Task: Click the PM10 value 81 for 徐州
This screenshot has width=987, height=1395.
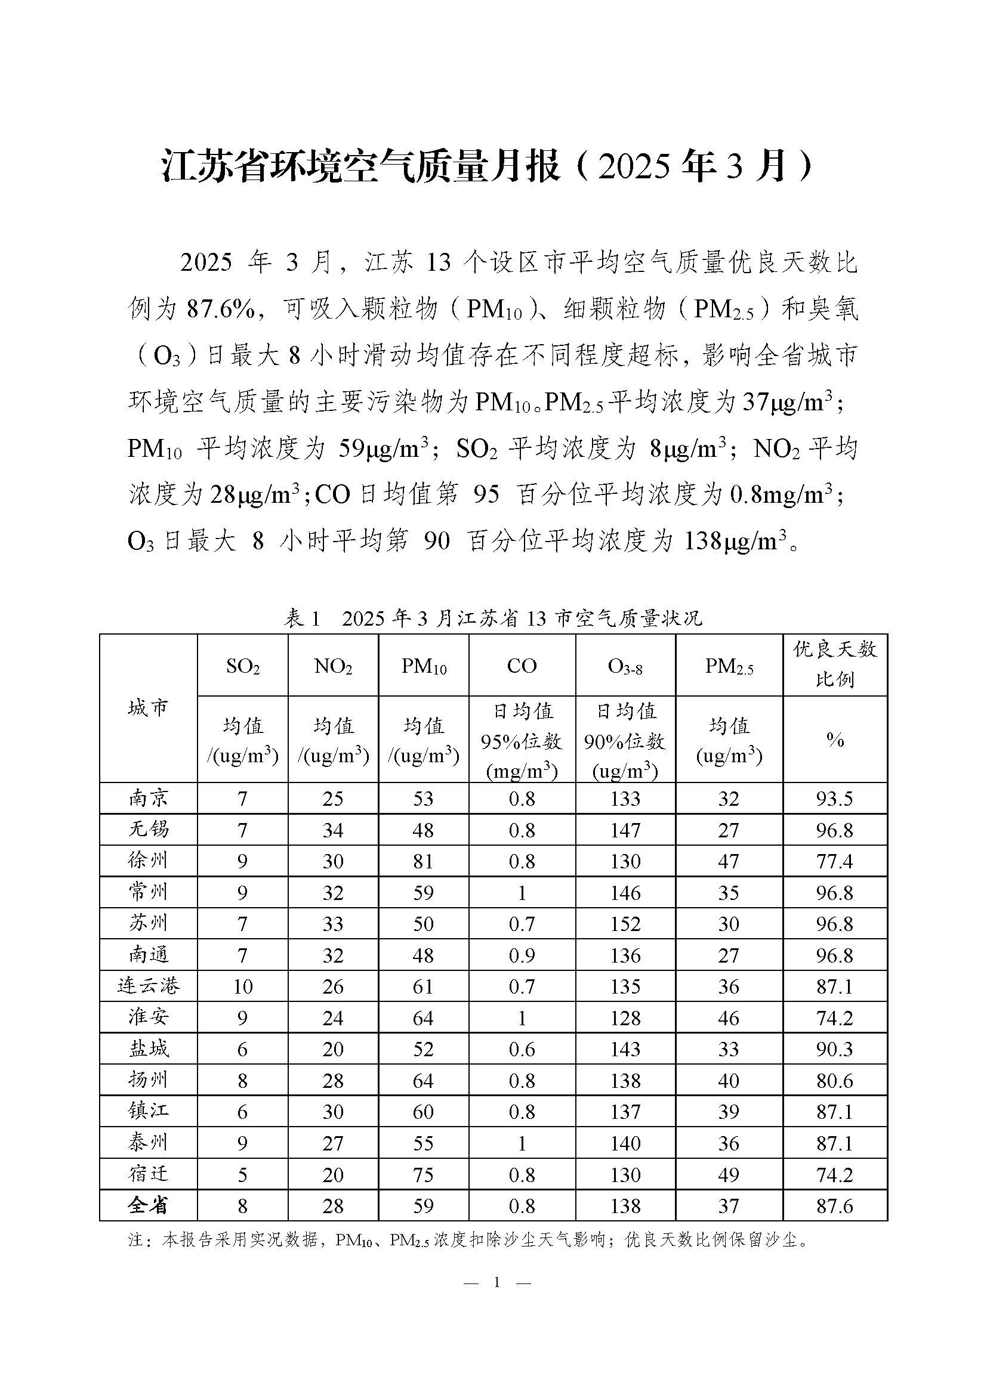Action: click(423, 862)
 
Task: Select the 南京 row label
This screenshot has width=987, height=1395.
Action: click(149, 799)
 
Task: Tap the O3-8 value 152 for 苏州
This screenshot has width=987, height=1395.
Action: click(625, 924)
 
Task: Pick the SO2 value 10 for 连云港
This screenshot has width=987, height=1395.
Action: click(242, 986)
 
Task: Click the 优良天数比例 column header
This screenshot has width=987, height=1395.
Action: click(835, 664)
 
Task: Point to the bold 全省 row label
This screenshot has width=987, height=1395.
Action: click(149, 1206)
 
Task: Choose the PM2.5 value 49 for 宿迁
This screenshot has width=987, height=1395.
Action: click(729, 1174)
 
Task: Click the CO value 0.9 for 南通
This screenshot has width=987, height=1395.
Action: click(522, 955)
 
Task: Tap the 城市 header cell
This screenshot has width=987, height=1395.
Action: click(149, 708)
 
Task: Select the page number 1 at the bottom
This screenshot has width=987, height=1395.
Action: click(497, 1283)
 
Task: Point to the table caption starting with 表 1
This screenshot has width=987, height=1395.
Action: click(493, 618)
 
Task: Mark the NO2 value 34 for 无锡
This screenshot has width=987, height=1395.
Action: click(333, 830)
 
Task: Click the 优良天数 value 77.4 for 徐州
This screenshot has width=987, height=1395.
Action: click(835, 862)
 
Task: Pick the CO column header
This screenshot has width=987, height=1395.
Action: click(522, 666)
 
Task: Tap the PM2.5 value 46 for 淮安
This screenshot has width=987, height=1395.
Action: click(729, 1018)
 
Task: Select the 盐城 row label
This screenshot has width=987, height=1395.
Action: click(149, 1049)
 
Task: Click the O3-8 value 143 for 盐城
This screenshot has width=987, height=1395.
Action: click(625, 1049)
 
